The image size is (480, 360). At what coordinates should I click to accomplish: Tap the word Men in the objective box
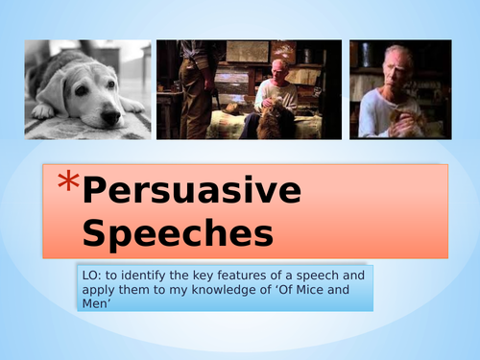(x=94, y=306)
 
